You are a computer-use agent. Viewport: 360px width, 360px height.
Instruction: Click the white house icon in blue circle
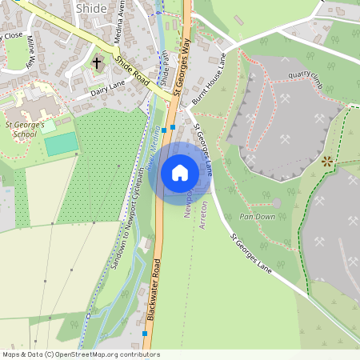(x=179, y=173)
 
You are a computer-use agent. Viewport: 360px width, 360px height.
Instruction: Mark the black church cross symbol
(x=97, y=62)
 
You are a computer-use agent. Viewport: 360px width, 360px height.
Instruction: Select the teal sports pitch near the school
(x=61, y=144)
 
